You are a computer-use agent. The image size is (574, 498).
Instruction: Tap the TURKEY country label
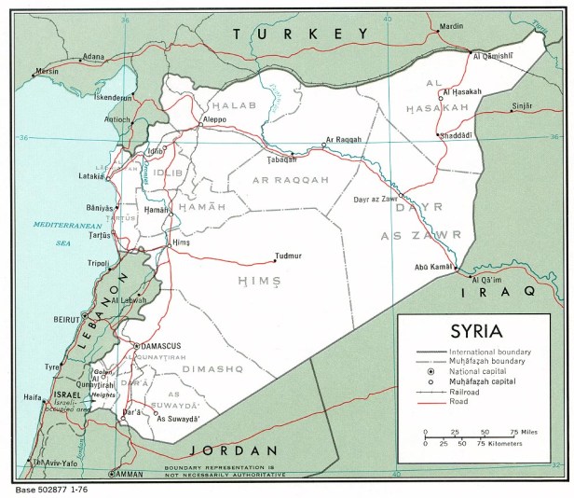(x=302, y=35)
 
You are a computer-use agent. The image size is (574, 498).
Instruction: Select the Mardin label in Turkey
(x=451, y=27)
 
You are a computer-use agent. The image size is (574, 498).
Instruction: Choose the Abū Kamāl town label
(x=432, y=269)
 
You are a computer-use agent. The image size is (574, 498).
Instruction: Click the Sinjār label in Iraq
(x=527, y=107)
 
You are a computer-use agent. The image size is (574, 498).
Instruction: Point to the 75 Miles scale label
(x=524, y=432)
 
